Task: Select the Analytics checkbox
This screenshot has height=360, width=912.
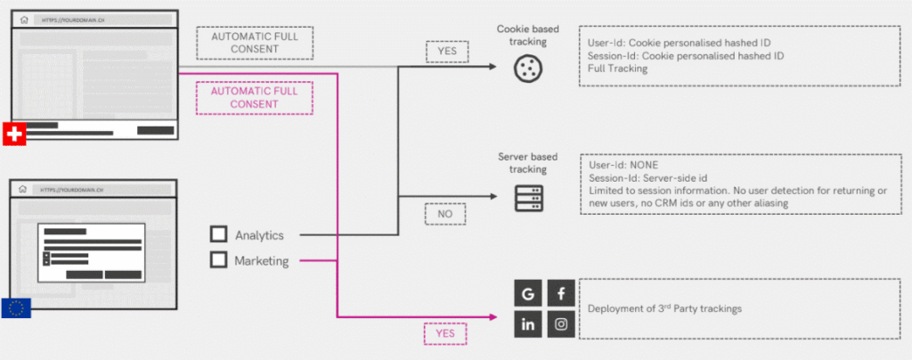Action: pyautogui.click(x=218, y=235)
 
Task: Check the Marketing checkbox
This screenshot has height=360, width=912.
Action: pyautogui.click(x=218, y=260)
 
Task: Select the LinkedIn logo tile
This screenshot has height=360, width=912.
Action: pyautogui.click(x=528, y=324)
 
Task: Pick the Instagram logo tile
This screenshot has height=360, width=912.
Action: pyautogui.click(x=561, y=324)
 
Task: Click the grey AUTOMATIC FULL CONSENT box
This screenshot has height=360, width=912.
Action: pyautogui.click(x=243, y=42)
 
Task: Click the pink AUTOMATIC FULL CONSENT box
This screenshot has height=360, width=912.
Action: pyautogui.click(x=243, y=97)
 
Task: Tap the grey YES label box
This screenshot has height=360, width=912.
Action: pyautogui.click(x=446, y=52)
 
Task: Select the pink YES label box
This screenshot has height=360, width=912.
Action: pyautogui.click(x=445, y=333)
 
